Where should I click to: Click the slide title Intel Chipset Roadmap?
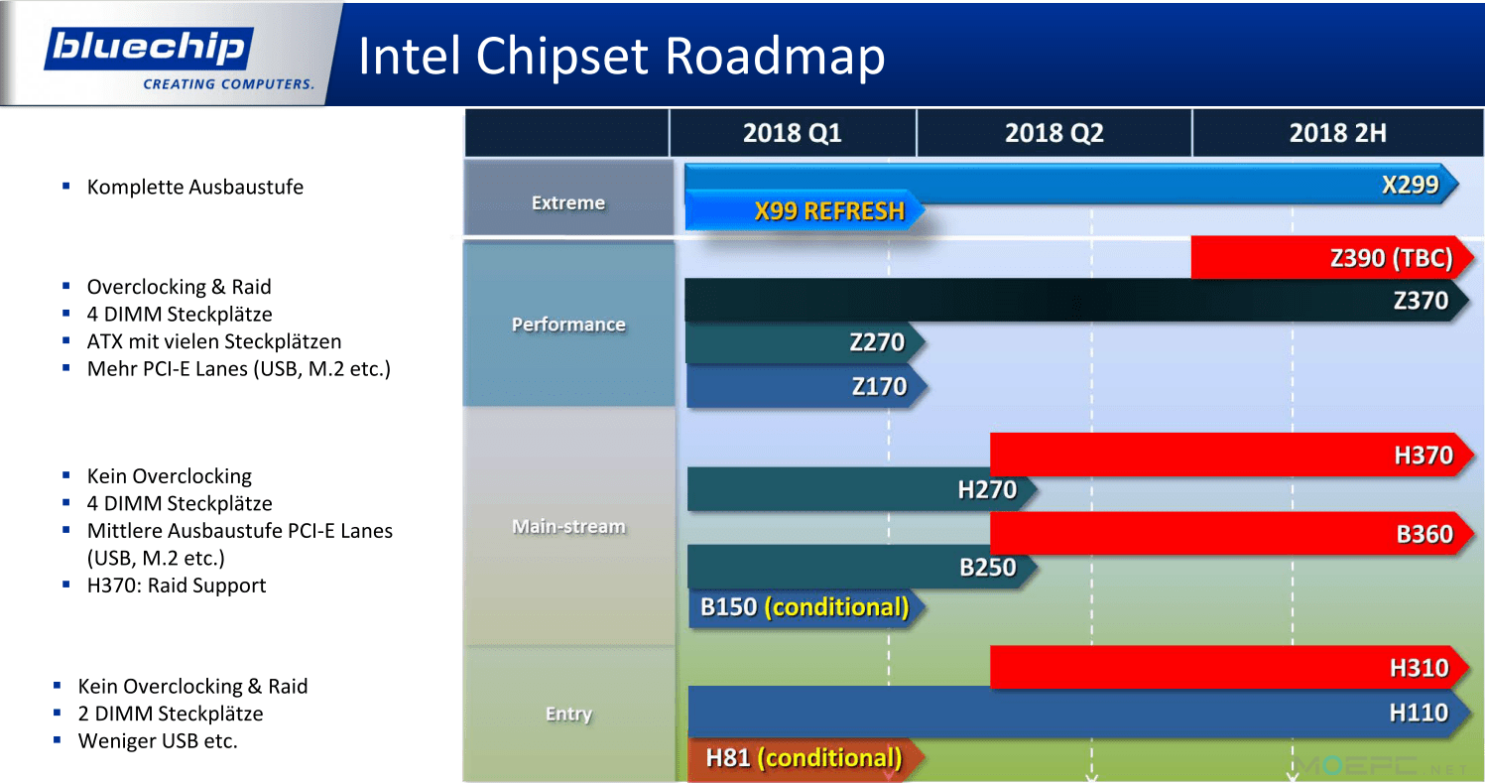[x=621, y=56]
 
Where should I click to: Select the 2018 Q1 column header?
[x=793, y=133]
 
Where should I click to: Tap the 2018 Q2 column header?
[x=1054, y=133]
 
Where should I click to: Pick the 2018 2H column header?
[x=1338, y=133]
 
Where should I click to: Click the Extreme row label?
[x=568, y=202]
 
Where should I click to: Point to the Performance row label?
[x=568, y=325]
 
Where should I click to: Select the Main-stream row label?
[x=568, y=526]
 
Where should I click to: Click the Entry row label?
[x=568, y=714]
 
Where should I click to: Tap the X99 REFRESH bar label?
[x=829, y=210]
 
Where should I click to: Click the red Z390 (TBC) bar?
[x=1332, y=257]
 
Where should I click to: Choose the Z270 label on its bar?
[x=876, y=342]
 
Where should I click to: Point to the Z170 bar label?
[x=879, y=386]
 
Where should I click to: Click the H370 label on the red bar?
[x=1423, y=456]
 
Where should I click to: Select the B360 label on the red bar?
[x=1424, y=534]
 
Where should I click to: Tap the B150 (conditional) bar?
[x=806, y=607]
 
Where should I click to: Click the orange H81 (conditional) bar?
[x=805, y=758]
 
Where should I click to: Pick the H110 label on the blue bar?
[x=1419, y=713]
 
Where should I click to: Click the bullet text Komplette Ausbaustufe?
[x=194, y=187]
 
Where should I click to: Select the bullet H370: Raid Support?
[x=177, y=586]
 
